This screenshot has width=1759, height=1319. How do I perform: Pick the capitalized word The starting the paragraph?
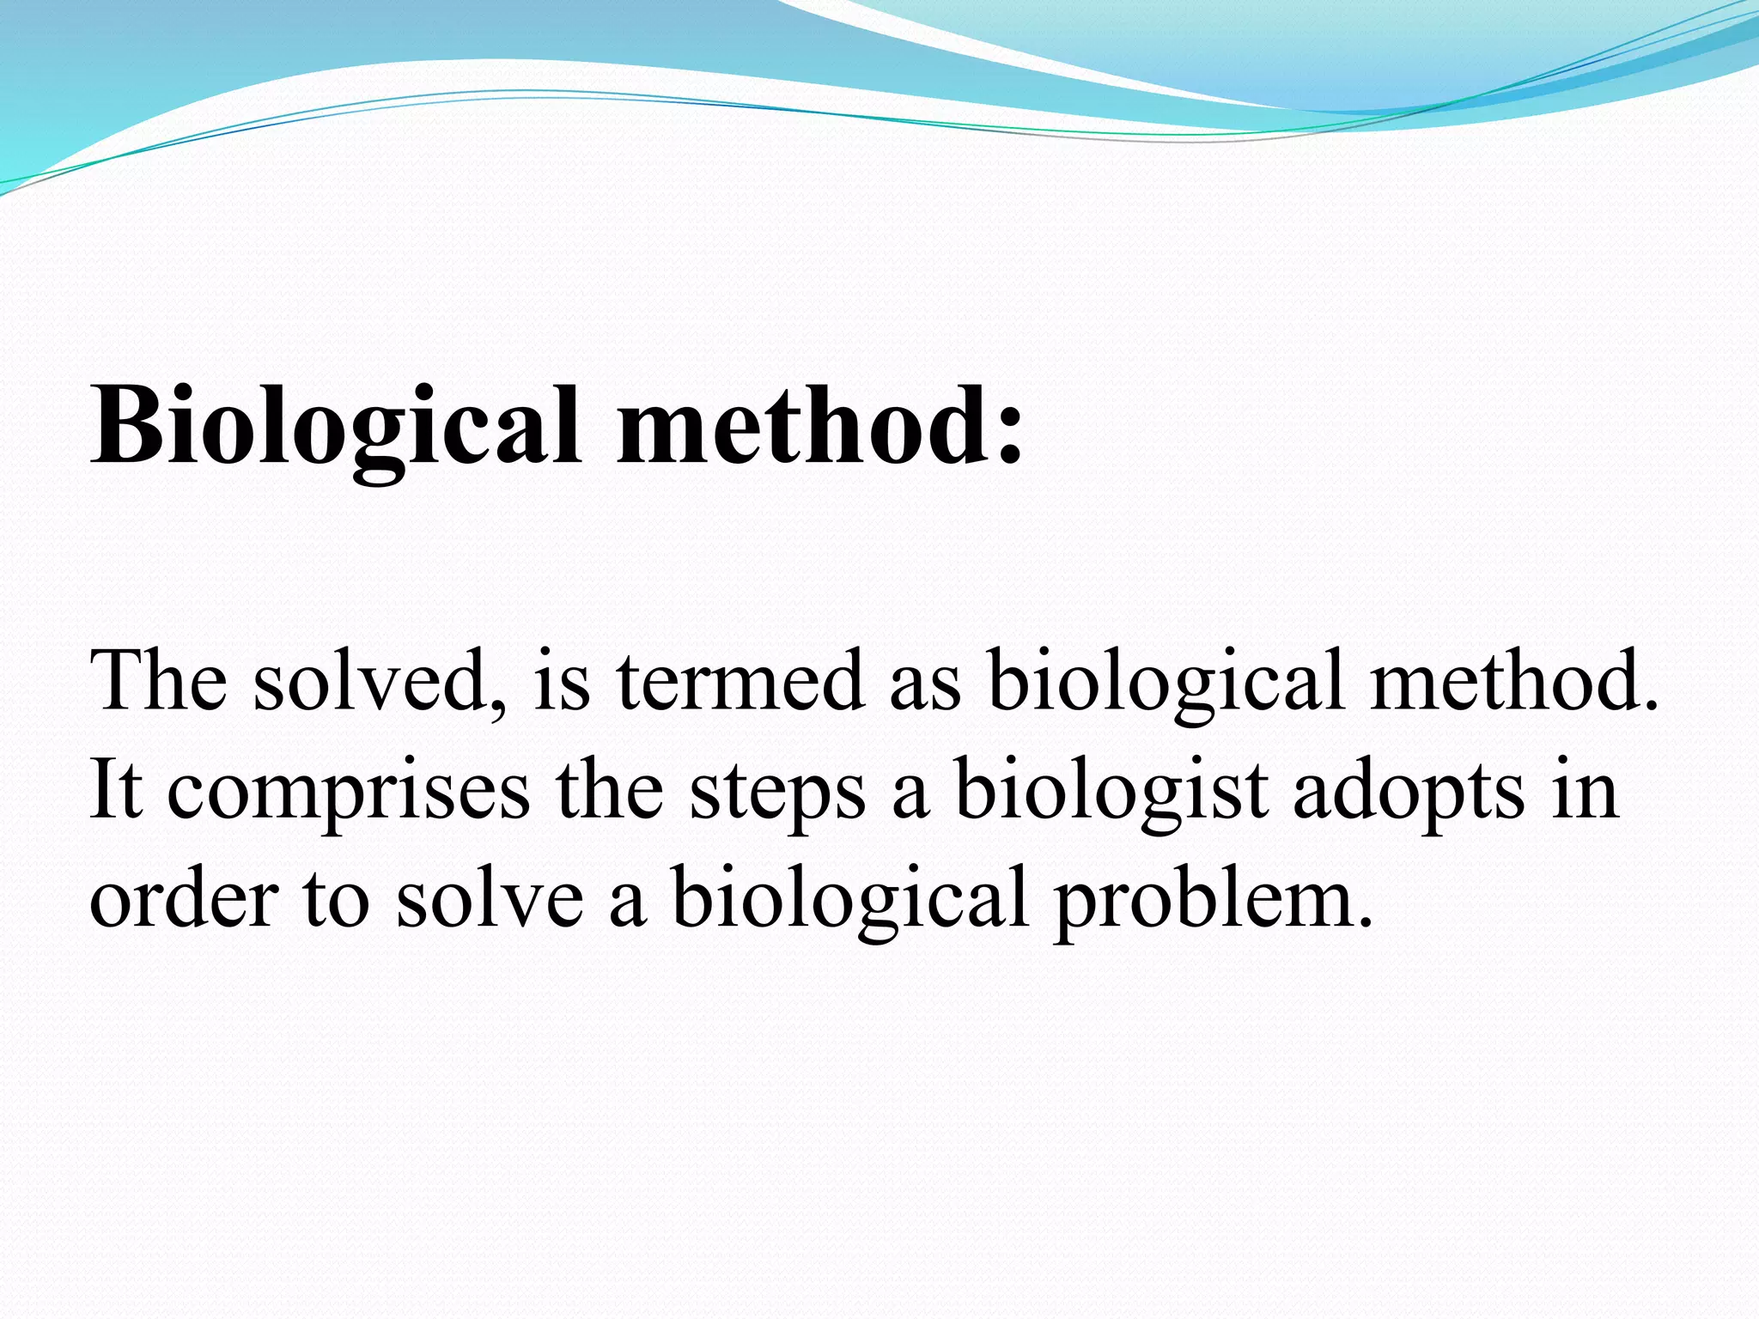point(159,681)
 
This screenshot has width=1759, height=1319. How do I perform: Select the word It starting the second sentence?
point(116,789)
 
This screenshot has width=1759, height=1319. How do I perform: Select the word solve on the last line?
point(490,898)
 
